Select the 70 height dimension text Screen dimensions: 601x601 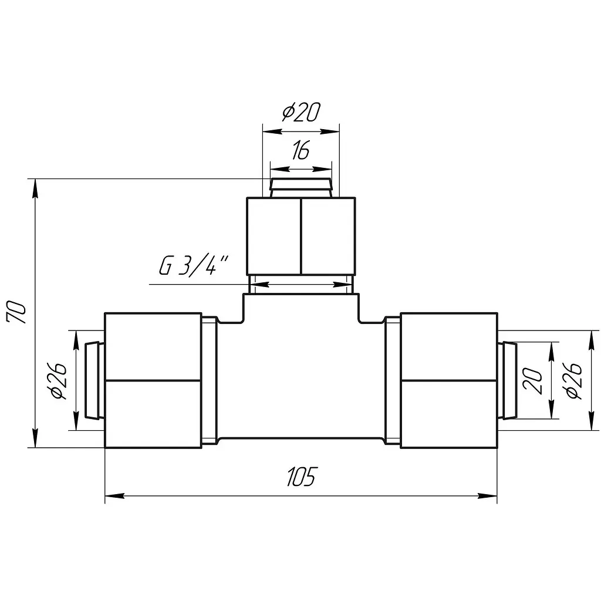coord(17,313)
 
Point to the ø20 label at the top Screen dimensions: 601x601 coord(301,112)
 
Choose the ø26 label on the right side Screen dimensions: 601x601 coord(572,380)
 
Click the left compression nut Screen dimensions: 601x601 coord(153,380)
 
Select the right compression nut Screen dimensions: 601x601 coord(449,380)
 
